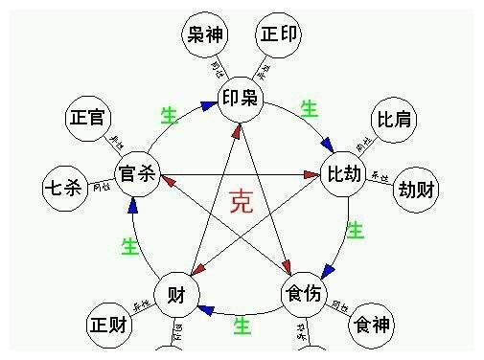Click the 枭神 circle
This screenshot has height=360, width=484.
(204, 37)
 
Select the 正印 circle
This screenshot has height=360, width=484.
(280, 36)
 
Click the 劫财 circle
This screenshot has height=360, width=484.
(418, 188)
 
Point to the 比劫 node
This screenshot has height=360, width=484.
(345, 175)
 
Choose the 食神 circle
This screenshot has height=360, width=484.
(371, 325)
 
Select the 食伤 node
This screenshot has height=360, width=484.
(304, 294)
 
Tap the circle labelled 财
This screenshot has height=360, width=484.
(176, 293)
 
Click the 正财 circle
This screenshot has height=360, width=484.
(109, 325)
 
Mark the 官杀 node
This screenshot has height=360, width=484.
(136, 174)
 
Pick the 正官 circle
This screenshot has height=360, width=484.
(88, 119)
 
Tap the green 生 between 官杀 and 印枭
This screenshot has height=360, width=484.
(170, 116)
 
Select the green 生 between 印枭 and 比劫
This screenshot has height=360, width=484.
(309, 108)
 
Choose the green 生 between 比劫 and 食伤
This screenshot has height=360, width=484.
(355, 231)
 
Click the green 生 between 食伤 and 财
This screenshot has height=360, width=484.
(242, 326)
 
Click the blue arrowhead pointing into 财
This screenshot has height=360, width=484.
(206, 309)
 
